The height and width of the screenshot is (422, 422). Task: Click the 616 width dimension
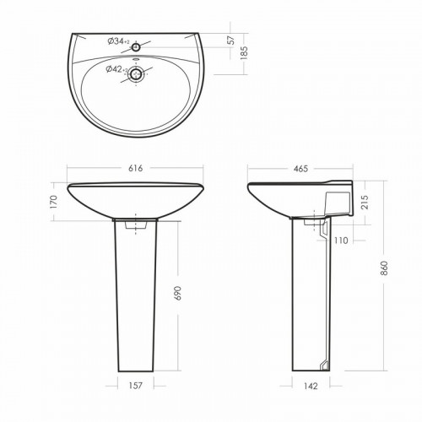click(x=136, y=168)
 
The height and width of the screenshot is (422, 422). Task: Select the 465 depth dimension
click(x=300, y=169)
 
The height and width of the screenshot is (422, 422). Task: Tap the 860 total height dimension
click(x=385, y=268)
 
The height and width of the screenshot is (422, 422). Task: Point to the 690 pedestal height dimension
click(x=178, y=293)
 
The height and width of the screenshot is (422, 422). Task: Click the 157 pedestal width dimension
click(x=135, y=386)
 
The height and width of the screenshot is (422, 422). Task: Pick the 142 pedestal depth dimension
click(x=311, y=386)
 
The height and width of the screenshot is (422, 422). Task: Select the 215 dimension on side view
click(x=365, y=202)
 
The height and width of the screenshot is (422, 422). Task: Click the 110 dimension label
click(x=341, y=241)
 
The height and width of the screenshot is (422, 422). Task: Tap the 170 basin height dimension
click(x=53, y=202)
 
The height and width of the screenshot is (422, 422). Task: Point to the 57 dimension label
click(x=230, y=40)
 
